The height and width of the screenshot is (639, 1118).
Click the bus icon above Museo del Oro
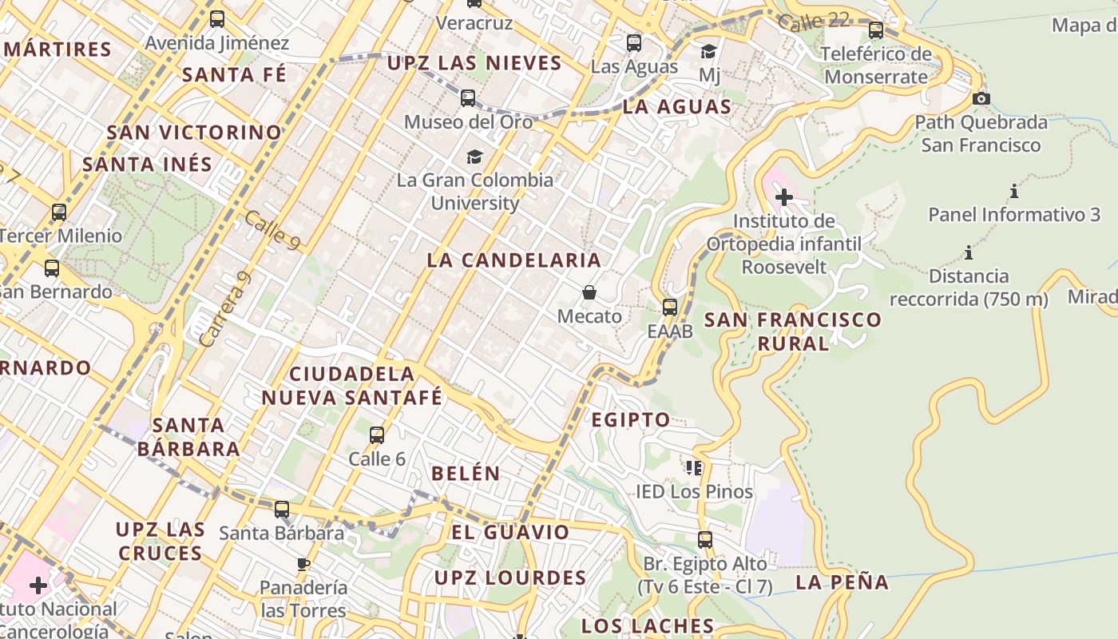468,98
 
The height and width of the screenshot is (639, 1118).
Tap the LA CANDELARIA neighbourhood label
513,260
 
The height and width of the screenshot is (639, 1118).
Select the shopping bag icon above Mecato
589,292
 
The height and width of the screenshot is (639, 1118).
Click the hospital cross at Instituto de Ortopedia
783,196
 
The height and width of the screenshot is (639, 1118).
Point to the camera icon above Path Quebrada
981,99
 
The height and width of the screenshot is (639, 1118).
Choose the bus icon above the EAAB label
670,307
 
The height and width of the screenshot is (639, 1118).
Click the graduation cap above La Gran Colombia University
475,157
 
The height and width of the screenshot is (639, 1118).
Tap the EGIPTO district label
631,419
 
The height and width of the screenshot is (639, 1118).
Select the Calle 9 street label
272,231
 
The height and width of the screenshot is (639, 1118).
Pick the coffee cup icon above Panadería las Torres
303,564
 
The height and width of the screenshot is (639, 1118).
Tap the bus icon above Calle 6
377,435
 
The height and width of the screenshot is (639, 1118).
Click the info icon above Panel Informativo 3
1014,192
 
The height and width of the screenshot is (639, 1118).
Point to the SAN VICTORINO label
194,132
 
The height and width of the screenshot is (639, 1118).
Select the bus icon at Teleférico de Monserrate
876,30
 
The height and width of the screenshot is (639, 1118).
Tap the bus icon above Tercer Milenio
59,212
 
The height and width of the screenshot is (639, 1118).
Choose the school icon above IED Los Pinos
694,467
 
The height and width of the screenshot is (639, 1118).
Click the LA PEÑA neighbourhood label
842,582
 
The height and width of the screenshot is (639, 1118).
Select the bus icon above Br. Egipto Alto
704,540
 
